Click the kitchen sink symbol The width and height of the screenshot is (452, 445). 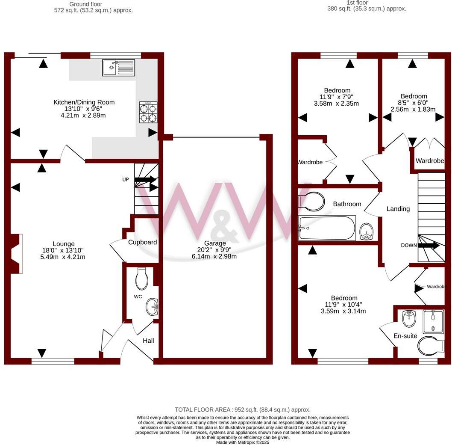118,68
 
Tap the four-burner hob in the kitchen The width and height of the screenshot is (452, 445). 148,113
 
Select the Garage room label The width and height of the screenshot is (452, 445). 215,243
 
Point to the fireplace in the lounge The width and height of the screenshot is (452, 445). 15,254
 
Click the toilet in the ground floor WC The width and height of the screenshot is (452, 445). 141,279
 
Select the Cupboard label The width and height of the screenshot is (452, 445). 142,242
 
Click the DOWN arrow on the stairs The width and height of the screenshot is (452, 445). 429,246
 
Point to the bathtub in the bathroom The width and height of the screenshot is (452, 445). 327,228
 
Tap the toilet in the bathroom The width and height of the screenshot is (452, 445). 311,201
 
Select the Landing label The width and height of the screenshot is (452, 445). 398,209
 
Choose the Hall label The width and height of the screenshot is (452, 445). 148,341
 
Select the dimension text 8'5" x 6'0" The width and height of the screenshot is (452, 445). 414,103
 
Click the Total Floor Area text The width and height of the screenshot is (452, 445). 243,409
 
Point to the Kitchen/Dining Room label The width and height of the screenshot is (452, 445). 84,102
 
